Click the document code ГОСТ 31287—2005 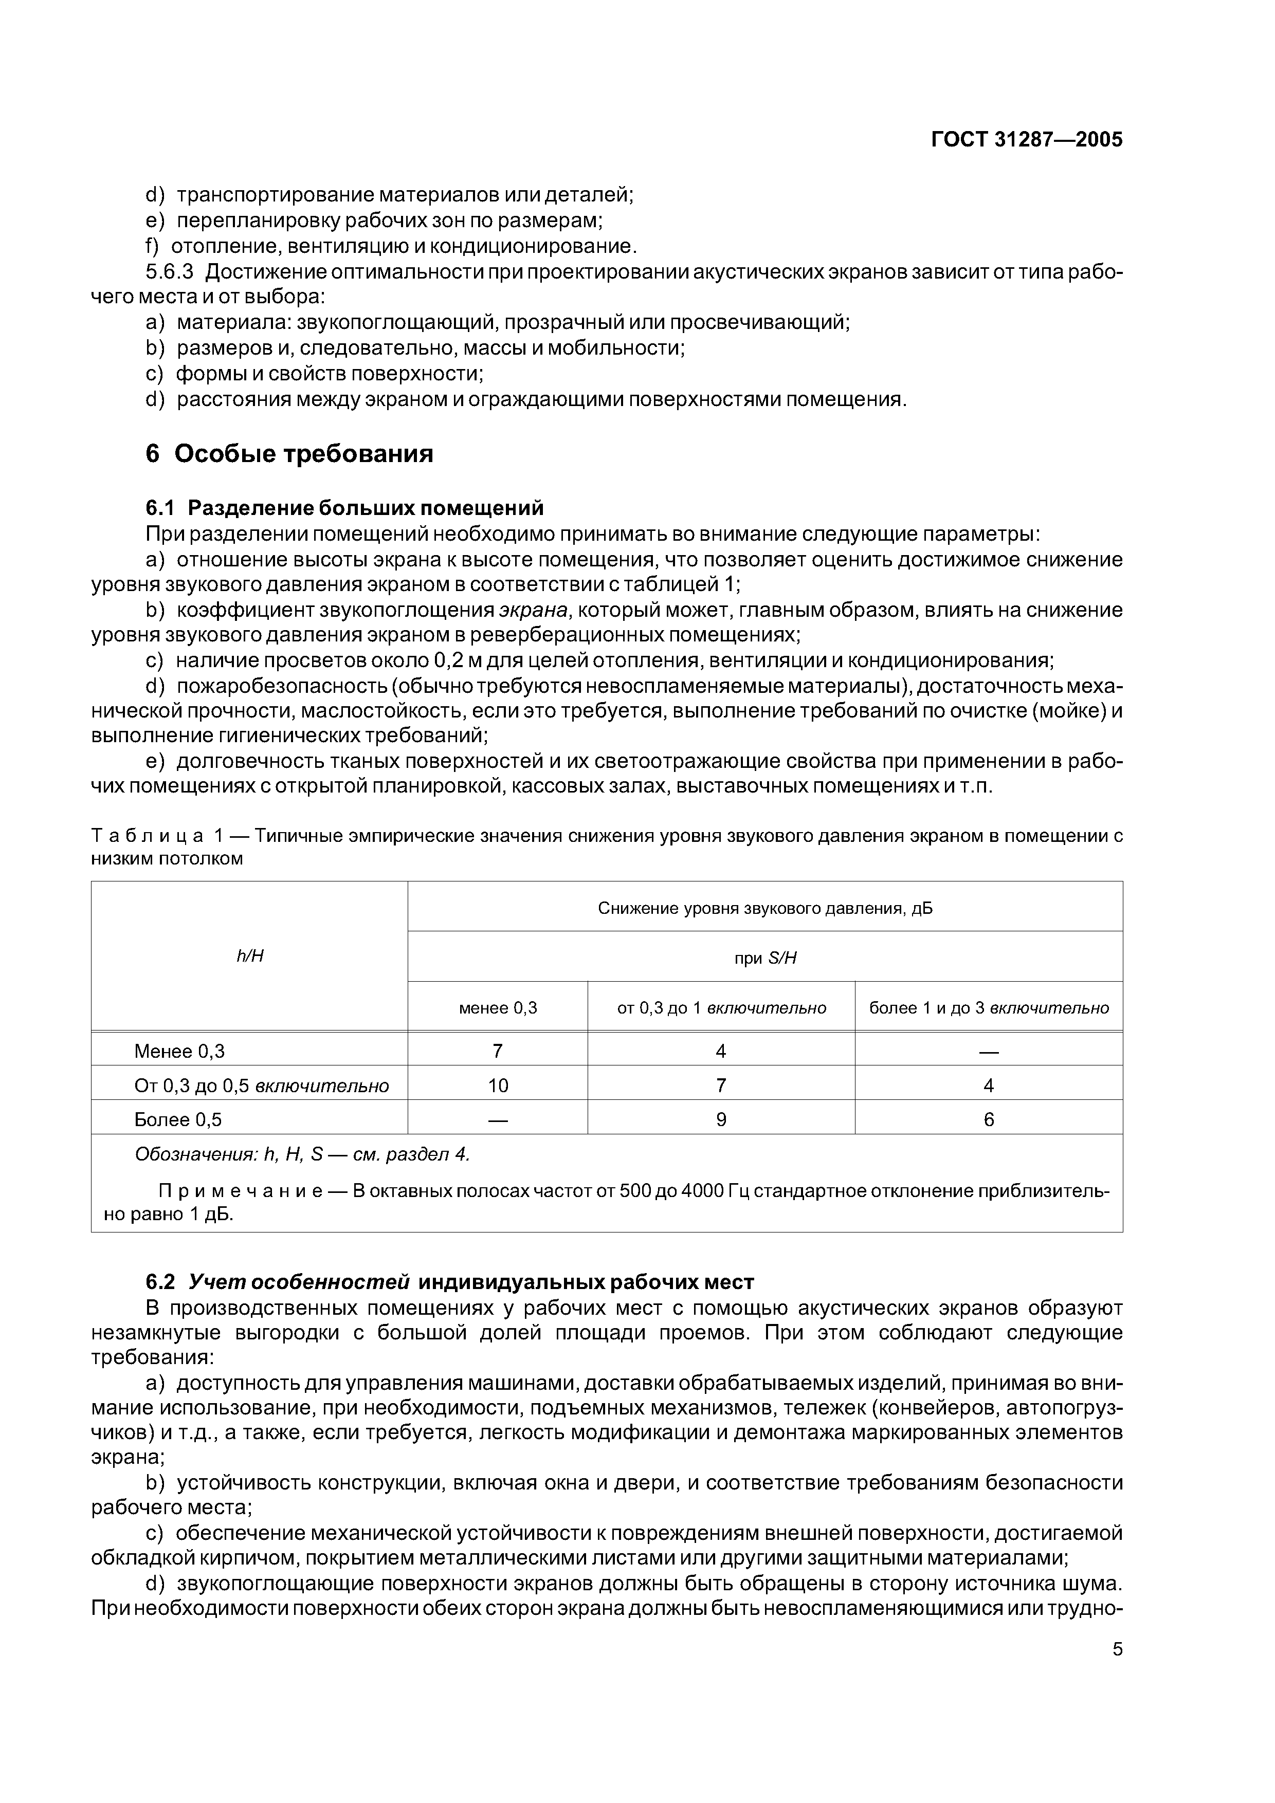tap(1026, 140)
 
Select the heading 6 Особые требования tap(289, 454)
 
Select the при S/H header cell tap(765, 958)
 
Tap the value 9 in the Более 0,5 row tap(721, 1120)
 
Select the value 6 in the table tap(988, 1120)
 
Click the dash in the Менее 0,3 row tap(988, 1052)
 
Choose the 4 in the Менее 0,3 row tap(721, 1052)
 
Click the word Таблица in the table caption tap(148, 836)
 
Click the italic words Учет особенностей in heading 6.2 tap(299, 1282)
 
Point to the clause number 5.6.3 tap(169, 272)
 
